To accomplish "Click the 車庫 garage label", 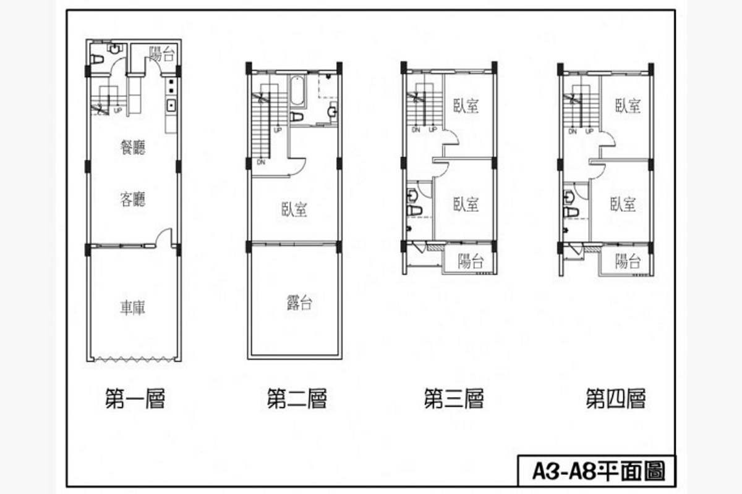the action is tap(132, 308).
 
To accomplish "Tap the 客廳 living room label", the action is tap(132, 199).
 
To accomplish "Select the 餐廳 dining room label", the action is tap(132, 147).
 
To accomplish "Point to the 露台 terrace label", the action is tap(299, 303).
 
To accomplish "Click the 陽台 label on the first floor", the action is tap(161, 54).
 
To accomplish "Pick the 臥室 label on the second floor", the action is tap(294, 209).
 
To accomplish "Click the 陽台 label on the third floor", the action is tap(471, 261).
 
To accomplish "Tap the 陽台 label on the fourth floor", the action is tap(628, 261).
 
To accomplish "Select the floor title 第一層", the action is tap(135, 398).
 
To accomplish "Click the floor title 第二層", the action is tap(297, 398).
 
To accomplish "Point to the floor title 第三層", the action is tap(454, 398).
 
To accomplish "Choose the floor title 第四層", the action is tap(616, 398).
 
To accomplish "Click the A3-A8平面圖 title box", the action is tap(597, 471).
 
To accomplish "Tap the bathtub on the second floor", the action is tap(297, 90).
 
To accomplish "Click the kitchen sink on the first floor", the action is tap(171, 106).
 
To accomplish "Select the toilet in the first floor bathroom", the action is tap(96, 59).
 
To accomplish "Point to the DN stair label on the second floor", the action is tap(261, 162).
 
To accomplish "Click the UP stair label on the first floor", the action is tap(117, 110).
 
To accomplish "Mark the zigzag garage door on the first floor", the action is tap(134, 359).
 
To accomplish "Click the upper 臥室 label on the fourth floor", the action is tap(628, 106).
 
